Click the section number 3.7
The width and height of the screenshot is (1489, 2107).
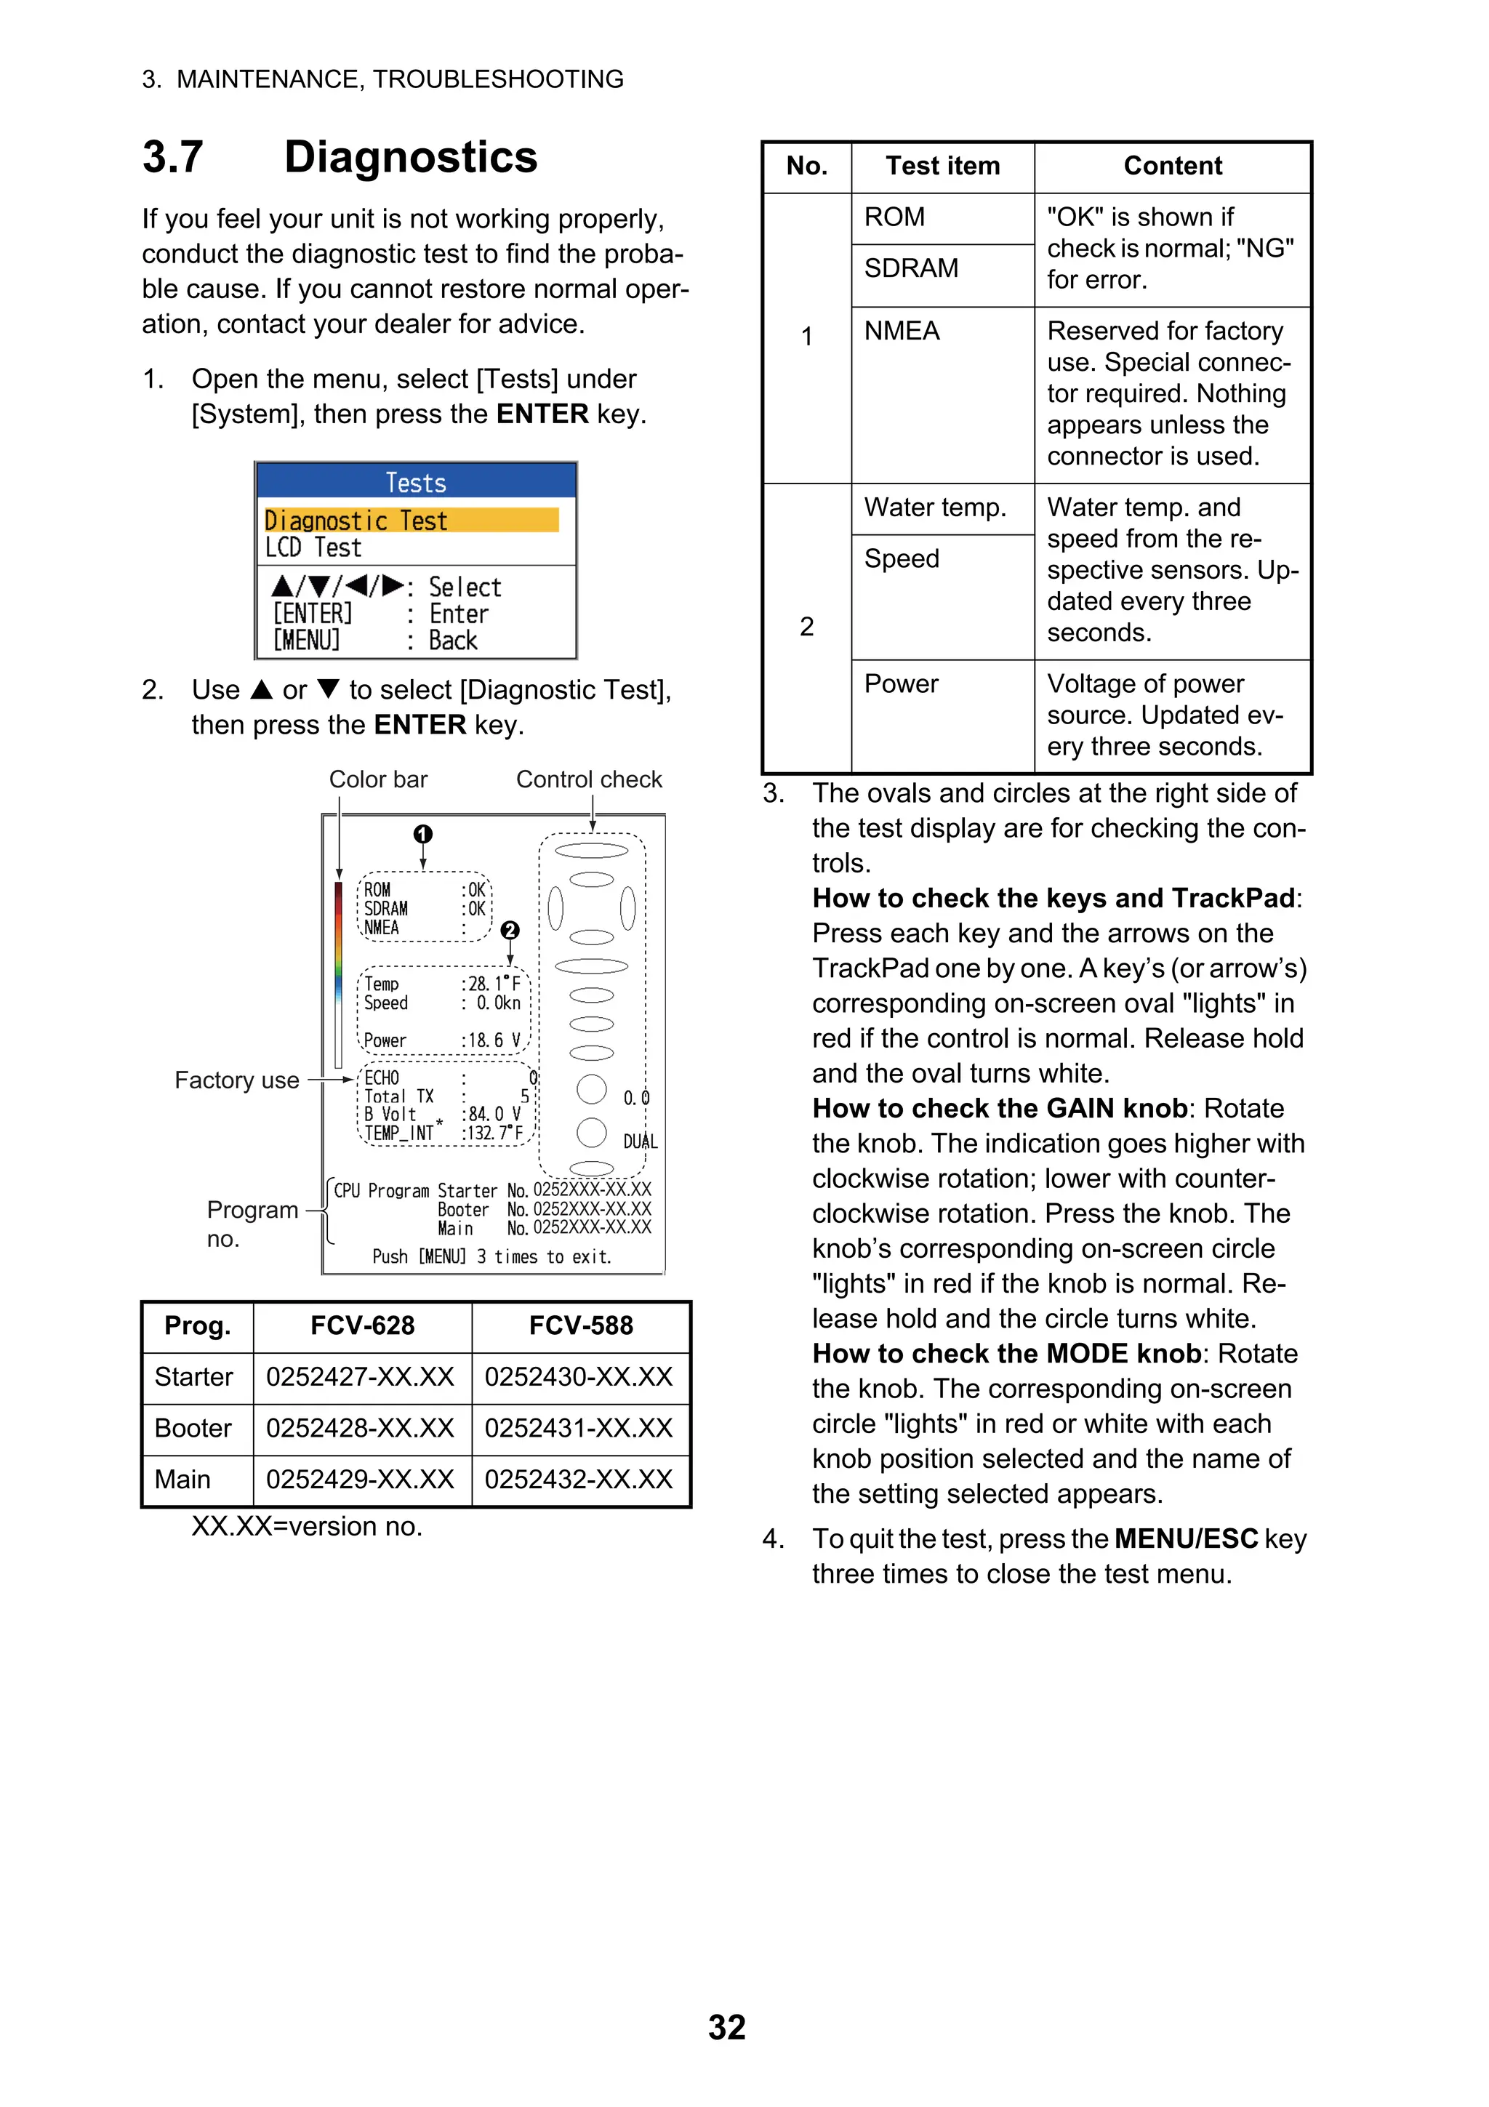pos(172,157)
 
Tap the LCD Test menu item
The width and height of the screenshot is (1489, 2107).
pos(314,548)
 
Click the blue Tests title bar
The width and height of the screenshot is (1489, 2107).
pos(416,482)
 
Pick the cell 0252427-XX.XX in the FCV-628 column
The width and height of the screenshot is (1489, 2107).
pos(361,1376)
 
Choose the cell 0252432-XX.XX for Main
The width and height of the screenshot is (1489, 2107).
pos(579,1480)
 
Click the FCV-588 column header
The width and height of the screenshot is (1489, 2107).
pos(581,1325)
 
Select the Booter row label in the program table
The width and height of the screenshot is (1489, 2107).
pos(193,1428)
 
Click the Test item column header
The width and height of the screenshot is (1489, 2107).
pos(942,166)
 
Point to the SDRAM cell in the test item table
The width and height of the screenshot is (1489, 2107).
pos(911,268)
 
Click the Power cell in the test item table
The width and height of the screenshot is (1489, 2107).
pos(901,683)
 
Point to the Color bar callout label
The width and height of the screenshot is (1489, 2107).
pos(378,779)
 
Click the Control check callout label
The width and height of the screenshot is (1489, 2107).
pos(589,779)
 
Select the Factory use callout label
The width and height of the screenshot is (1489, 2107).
pos(237,1080)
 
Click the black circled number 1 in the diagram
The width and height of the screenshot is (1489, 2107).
pos(423,833)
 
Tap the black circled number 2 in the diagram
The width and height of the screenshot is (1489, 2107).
pos(510,931)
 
